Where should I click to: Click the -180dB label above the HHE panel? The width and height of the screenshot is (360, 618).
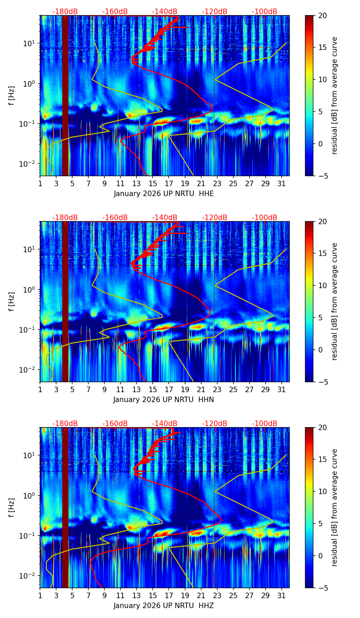tap(65, 12)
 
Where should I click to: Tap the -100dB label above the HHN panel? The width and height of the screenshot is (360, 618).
tap(265, 218)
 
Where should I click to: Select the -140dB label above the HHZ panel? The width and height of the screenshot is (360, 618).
tap(165, 424)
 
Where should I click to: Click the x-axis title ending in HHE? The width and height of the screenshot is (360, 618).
tap(164, 194)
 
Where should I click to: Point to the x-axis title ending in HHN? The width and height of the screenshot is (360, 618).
tap(164, 400)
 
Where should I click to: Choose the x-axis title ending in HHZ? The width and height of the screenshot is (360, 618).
tap(164, 606)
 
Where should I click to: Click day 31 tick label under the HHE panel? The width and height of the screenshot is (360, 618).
tap(281, 183)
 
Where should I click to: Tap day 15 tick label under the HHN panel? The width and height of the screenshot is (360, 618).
tap(153, 389)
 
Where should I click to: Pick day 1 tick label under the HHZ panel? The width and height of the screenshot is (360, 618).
tap(40, 595)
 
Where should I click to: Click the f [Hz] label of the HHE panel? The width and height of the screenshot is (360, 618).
tap(12, 96)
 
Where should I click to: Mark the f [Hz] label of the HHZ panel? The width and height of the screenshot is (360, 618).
tap(12, 508)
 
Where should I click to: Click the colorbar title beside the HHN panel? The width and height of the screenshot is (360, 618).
tap(335, 301)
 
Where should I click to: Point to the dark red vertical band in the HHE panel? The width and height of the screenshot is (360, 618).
tap(65, 96)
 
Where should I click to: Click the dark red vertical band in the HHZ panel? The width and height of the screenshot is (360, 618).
tap(65, 508)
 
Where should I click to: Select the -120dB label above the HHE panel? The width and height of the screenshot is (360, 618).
tap(215, 12)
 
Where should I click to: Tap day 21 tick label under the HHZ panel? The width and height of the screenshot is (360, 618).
tap(201, 595)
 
